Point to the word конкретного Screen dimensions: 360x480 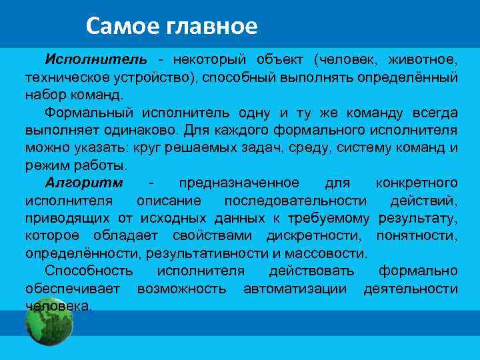click(x=417, y=183)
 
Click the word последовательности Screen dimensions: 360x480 click(x=295, y=201)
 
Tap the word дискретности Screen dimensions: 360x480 click(x=313, y=236)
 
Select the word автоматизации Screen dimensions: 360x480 click(x=295, y=289)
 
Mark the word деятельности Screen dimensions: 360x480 click(x=411, y=289)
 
